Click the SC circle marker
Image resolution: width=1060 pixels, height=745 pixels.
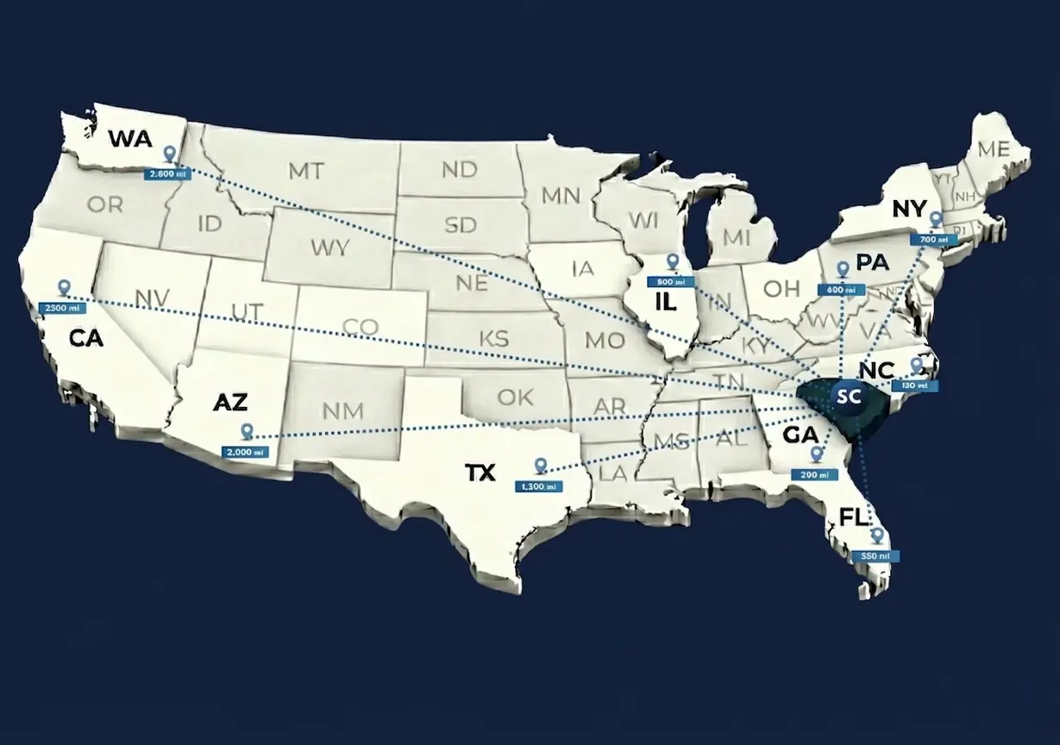click(x=849, y=396)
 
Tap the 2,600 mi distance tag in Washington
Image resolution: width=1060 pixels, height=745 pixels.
click(x=166, y=173)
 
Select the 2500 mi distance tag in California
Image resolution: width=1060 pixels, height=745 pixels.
click(x=62, y=306)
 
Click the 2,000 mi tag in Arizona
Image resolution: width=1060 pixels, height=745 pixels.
click(x=246, y=452)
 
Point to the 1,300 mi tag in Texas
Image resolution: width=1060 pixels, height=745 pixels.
click(x=539, y=486)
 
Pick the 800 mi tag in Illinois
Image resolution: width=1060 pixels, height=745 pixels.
click(x=671, y=282)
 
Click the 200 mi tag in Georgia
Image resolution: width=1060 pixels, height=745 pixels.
click(x=813, y=475)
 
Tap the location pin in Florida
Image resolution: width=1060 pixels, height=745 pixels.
click(x=876, y=536)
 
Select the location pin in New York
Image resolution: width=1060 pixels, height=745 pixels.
click(x=935, y=219)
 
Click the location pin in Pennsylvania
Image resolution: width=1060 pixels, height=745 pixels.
click(x=843, y=269)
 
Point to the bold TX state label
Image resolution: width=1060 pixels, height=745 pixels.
click(x=480, y=473)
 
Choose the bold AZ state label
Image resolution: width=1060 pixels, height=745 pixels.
click(x=229, y=402)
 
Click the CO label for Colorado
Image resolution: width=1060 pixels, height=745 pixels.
click(x=361, y=327)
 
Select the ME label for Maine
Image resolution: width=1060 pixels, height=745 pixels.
click(x=993, y=149)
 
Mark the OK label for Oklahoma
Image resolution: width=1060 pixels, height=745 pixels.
click(x=516, y=398)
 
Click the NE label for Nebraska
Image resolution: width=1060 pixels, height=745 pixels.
click(x=472, y=282)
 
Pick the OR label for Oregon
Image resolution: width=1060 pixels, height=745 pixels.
click(x=104, y=205)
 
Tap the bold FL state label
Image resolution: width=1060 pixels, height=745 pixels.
click(x=856, y=517)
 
